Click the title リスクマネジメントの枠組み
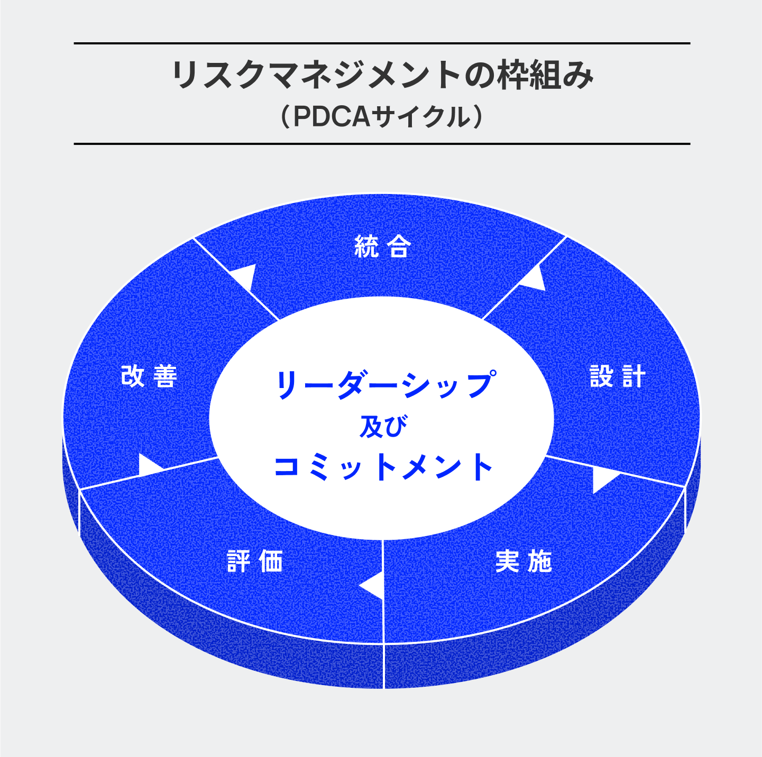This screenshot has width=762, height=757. click(382, 76)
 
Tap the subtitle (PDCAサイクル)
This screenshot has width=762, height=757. click(382, 117)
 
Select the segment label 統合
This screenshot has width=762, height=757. click(382, 246)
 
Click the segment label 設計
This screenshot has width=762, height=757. click(618, 376)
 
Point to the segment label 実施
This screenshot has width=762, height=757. click(524, 561)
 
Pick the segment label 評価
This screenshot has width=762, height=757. click(255, 561)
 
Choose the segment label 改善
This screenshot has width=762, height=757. click(149, 376)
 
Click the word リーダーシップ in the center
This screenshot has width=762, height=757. click(385, 384)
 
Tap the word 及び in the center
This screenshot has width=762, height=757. click(383, 427)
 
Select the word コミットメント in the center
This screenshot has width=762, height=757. click(383, 467)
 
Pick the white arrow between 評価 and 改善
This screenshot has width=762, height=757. click(148, 465)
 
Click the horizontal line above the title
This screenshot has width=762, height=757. click(382, 43)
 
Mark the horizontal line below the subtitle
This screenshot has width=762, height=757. click(382, 143)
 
